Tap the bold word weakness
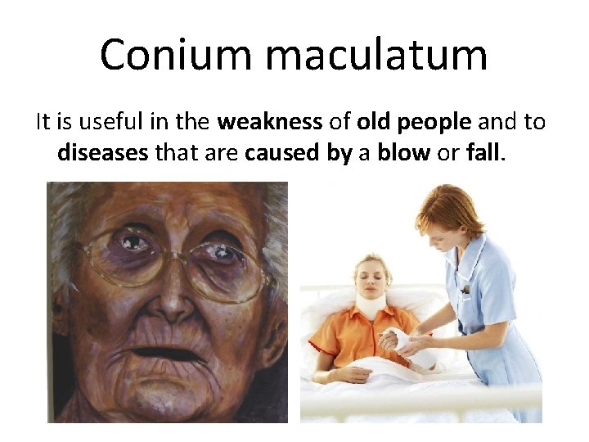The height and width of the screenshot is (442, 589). [270, 123]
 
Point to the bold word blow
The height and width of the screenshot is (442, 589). [403, 153]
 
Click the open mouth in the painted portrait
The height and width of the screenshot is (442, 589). [168, 354]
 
